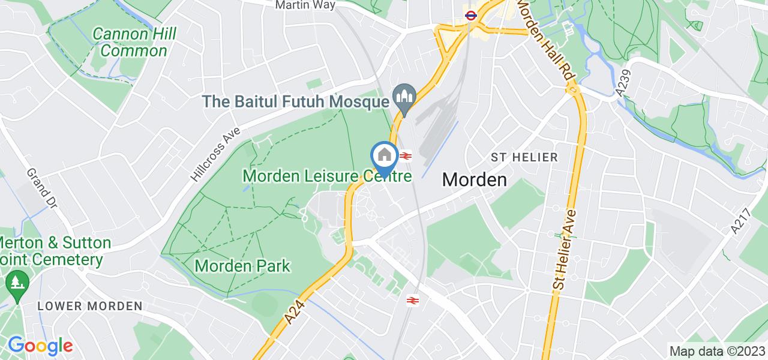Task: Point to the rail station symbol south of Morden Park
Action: point(413,300)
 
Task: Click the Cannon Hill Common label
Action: point(134,42)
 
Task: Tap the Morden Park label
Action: point(243,265)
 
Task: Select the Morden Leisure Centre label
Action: point(327,176)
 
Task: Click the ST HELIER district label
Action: point(524,157)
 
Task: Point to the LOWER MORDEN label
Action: point(90,306)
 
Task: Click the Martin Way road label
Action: point(305,5)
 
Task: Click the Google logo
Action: point(40,346)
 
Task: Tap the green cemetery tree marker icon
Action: point(14,281)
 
